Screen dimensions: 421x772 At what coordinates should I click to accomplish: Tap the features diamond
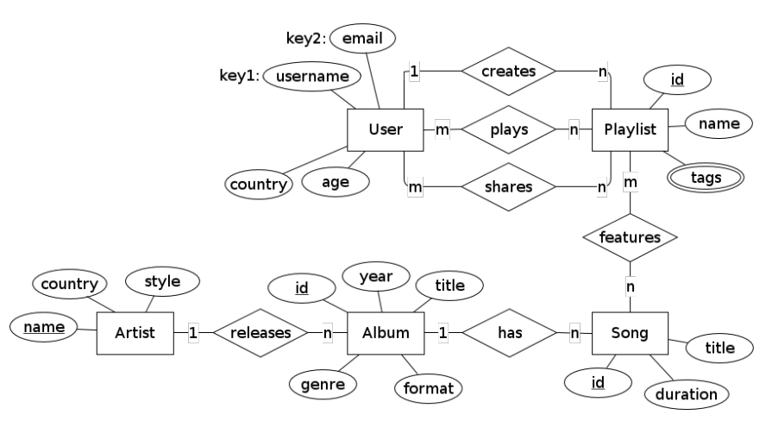631,236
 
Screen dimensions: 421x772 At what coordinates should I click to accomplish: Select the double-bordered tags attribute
706,178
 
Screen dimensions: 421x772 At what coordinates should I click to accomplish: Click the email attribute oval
362,39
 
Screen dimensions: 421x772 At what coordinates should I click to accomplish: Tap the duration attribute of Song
685,394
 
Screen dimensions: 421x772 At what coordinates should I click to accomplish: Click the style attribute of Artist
162,281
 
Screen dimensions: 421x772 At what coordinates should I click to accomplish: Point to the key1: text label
239,77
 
